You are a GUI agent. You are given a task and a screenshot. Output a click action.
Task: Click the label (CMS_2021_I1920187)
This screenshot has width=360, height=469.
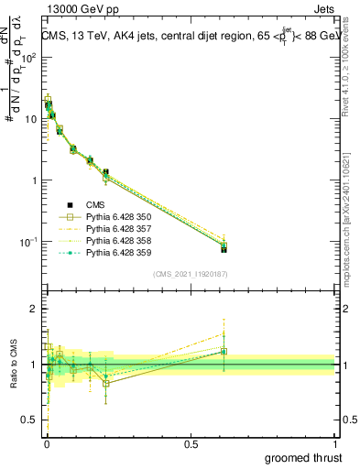[x=190, y=273]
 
